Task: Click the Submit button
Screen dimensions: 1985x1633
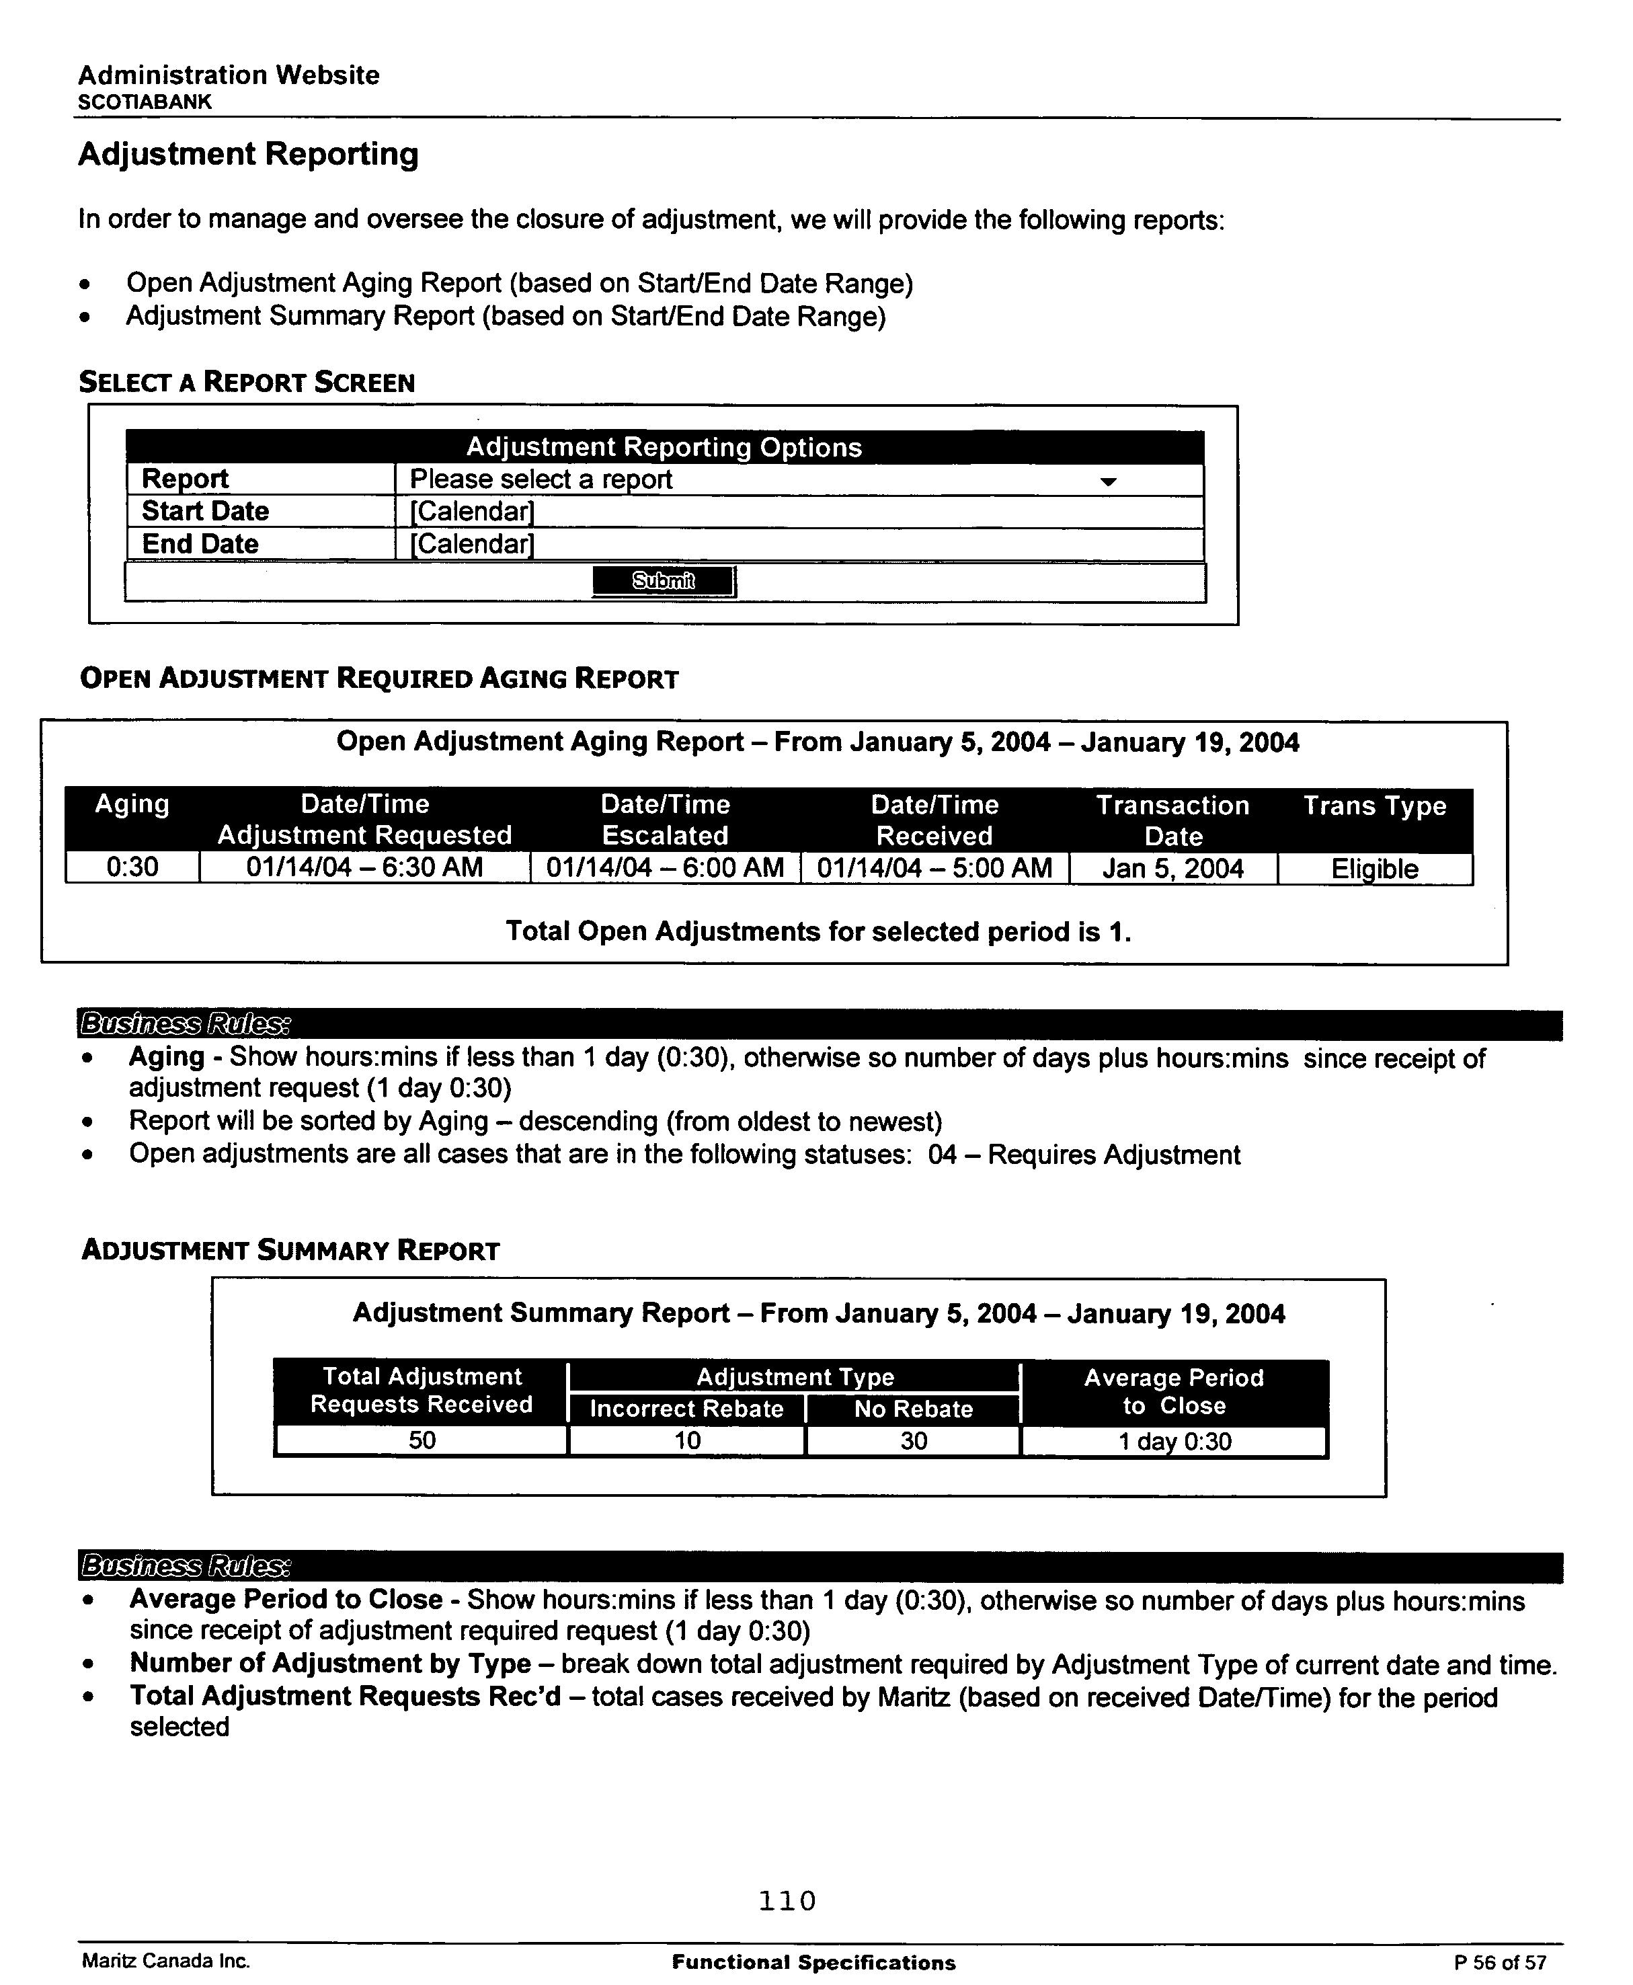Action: click(x=663, y=582)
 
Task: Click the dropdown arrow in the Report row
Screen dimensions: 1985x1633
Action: click(x=1108, y=481)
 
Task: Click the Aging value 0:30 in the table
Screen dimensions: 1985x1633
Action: click(x=132, y=867)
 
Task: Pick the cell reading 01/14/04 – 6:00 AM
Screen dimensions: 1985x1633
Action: click(x=665, y=867)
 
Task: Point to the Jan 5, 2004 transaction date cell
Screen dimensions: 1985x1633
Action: click(x=1173, y=867)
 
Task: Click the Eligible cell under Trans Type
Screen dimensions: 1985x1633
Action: click(x=1374, y=868)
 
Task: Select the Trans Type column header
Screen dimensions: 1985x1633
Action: click(x=1374, y=806)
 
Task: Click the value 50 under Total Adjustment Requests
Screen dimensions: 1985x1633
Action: click(x=422, y=1440)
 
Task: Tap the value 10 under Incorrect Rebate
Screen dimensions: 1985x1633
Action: click(x=686, y=1440)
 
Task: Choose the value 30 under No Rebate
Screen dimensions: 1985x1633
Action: click(x=914, y=1440)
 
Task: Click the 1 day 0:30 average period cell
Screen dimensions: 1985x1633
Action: click(x=1174, y=1441)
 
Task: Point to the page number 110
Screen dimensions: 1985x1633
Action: click(x=787, y=1901)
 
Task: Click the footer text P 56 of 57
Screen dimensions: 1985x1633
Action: click(x=1499, y=1962)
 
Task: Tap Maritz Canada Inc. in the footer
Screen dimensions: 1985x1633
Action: click(x=165, y=1961)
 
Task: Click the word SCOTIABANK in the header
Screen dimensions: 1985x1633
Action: click(x=144, y=102)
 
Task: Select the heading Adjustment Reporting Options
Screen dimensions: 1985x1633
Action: click(x=664, y=447)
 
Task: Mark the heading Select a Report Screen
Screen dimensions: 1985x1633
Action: click(x=247, y=382)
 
